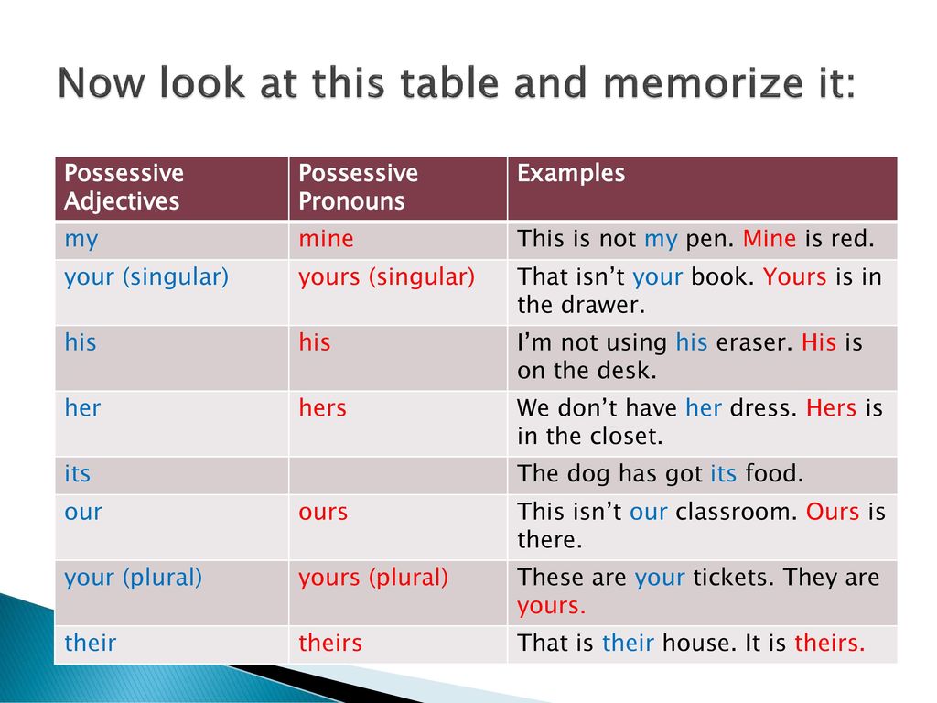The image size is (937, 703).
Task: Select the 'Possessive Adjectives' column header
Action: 124,187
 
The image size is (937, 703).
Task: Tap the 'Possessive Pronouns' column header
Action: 358,187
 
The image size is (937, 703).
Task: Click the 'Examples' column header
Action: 571,173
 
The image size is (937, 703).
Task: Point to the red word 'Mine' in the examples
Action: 769,239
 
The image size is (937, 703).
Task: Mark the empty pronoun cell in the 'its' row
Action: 398,476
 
